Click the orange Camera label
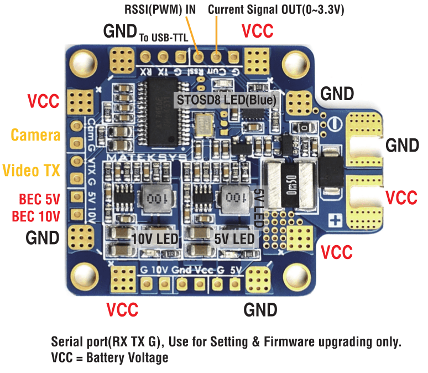tap(35, 134)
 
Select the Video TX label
tap(32, 170)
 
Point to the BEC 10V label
tap(39, 215)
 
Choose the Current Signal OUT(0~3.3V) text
tap(276, 9)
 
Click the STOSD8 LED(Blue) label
tap(226, 100)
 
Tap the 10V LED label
tap(155, 239)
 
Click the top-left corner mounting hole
tap(84, 60)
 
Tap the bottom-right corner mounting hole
tap(296, 273)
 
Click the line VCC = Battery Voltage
tap(109, 358)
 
